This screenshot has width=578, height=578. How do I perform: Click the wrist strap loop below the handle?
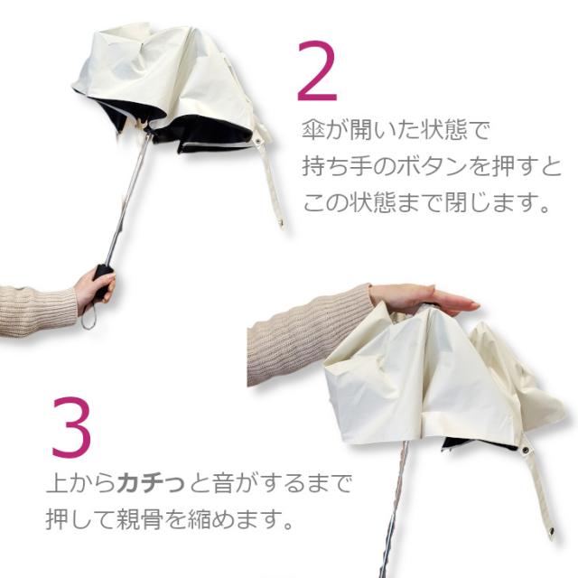(88, 318)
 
